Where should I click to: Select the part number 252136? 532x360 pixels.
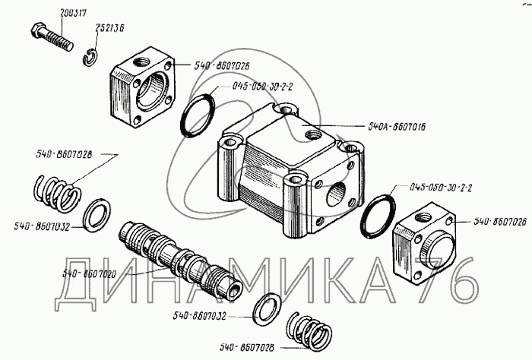click(x=110, y=29)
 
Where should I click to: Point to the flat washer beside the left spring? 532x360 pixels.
click(x=95, y=215)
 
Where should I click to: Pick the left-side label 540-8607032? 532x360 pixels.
click(x=42, y=226)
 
